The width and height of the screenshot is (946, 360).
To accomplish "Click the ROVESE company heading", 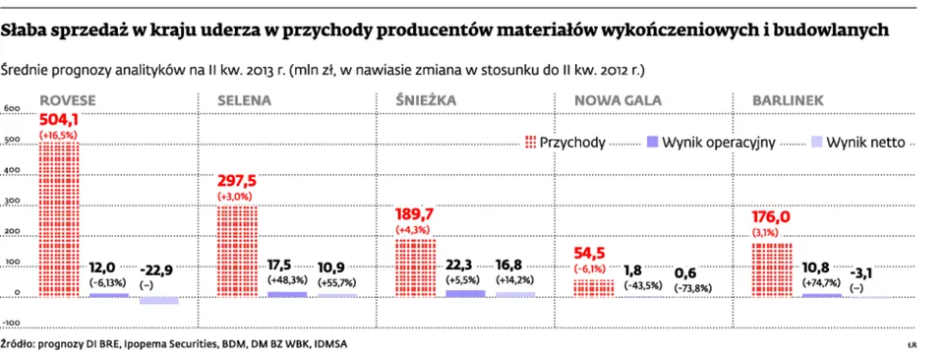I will (x=67, y=100).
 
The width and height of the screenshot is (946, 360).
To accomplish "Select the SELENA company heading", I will (x=245, y=100).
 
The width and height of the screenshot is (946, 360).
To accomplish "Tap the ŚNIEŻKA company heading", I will (x=426, y=100).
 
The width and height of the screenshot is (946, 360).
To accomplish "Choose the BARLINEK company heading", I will (x=788, y=100).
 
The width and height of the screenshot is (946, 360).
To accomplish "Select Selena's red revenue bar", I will (x=237, y=251).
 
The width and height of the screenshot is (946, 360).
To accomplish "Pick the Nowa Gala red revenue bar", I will (x=593, y=288).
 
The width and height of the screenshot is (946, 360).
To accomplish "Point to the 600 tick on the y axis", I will (x=13, y=108).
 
